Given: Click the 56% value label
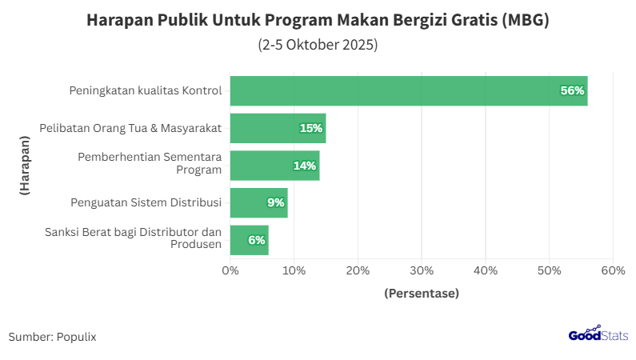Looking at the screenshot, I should coord(572,90).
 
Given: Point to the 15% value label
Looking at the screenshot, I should coord(310,128).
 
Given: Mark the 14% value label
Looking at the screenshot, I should coord(304,166).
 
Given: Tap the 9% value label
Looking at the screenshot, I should coord(276,202).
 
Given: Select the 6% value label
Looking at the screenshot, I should coord(256,240).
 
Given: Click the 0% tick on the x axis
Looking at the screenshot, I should coord(230,270).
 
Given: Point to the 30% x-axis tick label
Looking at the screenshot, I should coord(422,270).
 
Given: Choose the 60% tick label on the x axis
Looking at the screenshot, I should coord(613,270).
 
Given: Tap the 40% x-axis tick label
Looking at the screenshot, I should coord(486,270).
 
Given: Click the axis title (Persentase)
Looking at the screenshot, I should coord(422,294).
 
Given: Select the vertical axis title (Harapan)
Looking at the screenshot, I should coord(25,166).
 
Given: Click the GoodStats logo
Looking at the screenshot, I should coord(598,335).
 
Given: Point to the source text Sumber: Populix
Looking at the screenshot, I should coord(52,337).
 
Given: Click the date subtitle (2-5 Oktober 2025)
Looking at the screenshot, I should coord(318,45).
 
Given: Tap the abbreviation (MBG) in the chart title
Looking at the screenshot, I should coord(526,21).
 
